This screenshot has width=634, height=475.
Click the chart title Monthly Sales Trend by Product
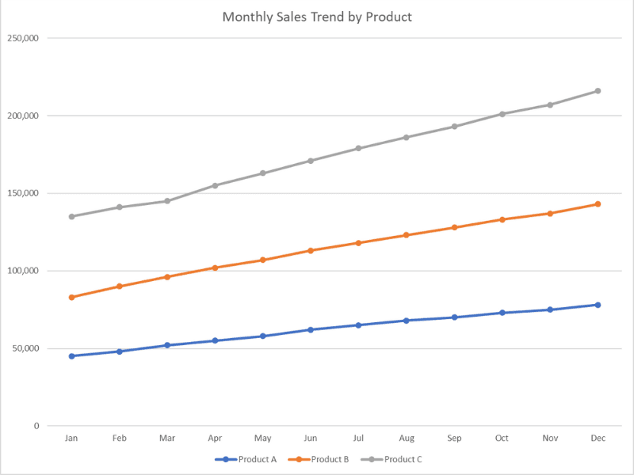317,17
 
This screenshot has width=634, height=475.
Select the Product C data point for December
598,91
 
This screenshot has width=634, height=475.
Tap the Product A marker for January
71,356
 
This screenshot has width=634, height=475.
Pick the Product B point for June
311,250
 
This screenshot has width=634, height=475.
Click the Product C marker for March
167,201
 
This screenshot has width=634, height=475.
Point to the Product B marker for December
598,204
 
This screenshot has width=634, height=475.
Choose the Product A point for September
454,317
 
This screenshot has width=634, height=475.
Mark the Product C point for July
358,148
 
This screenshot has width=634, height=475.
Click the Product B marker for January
71,297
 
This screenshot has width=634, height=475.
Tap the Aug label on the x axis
407,438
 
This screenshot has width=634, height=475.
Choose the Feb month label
119,438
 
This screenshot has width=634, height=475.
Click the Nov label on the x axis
550,438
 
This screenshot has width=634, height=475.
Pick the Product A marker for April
215,340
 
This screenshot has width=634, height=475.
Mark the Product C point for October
502,114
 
